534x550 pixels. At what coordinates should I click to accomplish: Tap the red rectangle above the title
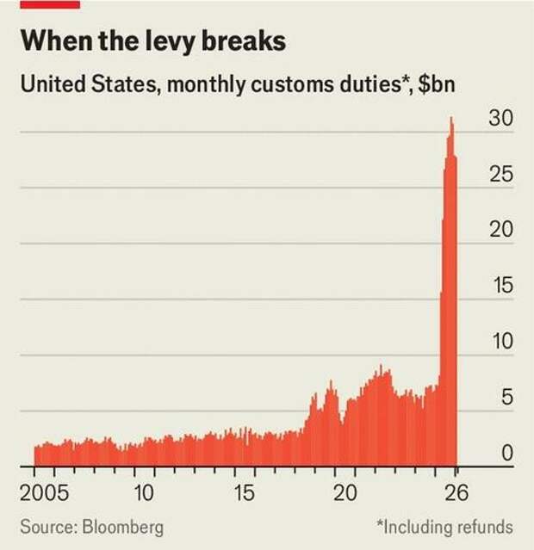click(x=51, y=4)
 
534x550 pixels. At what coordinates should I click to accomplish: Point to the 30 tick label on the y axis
click(x=501, y=120)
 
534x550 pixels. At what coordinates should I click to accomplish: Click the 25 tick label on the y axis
click(x=501, y=176)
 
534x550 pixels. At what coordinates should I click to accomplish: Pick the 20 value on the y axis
click(x=501, y=231)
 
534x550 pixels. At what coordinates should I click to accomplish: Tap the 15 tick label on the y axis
click(x=501, y=287)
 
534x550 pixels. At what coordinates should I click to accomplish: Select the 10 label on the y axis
click(x=501, y=343)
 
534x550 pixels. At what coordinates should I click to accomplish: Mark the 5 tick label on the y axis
click(x=507, y=398)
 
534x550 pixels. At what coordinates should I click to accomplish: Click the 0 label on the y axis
click(x=507, y=454)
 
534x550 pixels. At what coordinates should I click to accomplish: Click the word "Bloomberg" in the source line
click(x=121, y=526)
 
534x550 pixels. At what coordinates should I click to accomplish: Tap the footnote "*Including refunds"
click(x=444, y=526)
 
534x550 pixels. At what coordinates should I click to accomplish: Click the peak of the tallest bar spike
click(x=451, y=119)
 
